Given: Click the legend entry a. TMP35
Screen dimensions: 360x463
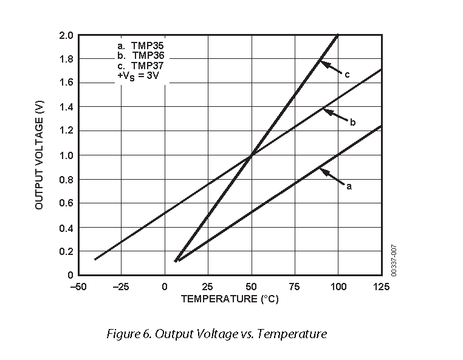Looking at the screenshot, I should coord(140,45).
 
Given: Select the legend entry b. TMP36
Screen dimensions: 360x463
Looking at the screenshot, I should coord(140,55).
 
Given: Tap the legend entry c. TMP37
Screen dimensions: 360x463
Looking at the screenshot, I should coord(140,66).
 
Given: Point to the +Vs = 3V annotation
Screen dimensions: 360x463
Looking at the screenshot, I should coord(138,76).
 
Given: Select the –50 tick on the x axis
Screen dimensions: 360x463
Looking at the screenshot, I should coord(77,287).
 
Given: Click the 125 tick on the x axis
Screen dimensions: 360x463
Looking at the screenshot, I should coord(382,287).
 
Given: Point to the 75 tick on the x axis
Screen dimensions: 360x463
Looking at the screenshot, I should coord(295,287).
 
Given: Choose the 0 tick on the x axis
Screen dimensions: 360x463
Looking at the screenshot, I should coord(164,287).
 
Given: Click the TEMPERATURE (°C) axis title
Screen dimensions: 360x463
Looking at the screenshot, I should coord(230,299).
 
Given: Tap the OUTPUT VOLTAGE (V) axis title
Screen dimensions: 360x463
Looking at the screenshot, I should coord(40,155).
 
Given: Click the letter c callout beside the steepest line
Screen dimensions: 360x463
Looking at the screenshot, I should coord(347,75).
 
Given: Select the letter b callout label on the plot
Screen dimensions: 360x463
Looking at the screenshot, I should coord(352,123).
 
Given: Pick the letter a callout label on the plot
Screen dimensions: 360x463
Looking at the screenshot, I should coord(349,186).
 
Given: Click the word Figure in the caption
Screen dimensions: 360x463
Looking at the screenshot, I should coord(122,334).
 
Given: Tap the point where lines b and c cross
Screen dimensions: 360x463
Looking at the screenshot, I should coord(250,155).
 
